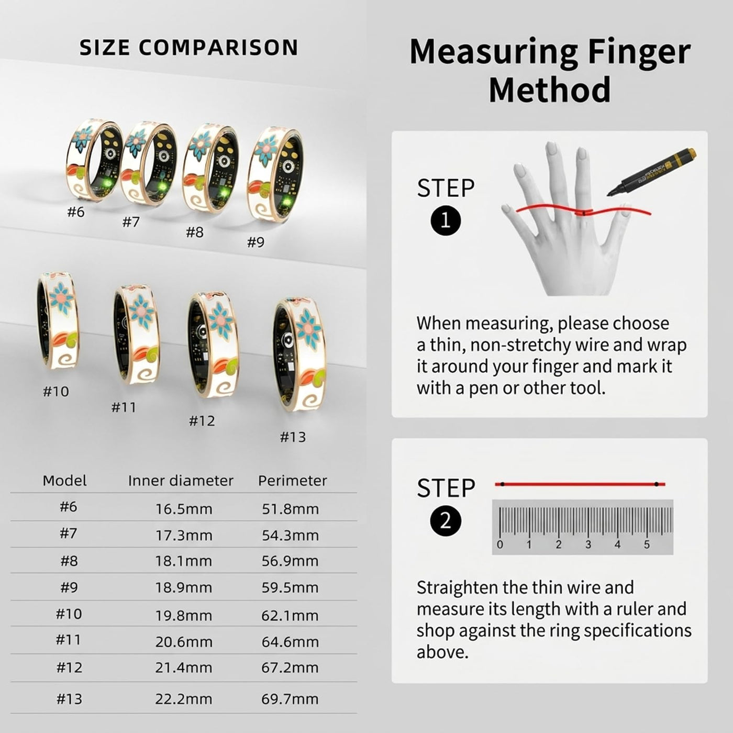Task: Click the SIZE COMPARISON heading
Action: (x=188, y=48)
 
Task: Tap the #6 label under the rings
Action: (x=76, y=212)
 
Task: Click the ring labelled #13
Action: (x=299, y=357)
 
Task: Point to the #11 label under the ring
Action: (x=124, y=407)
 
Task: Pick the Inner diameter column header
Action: (x=181, y=481)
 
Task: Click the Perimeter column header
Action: (x=293, y=481)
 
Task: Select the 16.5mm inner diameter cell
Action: (x=184, y=509)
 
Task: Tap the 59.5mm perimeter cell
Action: (x=290, y=587)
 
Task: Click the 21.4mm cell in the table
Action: (x=184, y=668)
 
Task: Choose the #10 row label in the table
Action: (x=69, y=614)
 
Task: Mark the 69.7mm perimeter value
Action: (x=290, y=699)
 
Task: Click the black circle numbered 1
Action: (x=446, y=220)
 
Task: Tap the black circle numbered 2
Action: (x=446, y=521)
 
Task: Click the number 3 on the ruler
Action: (x=588, y=545)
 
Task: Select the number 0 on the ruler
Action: (x=500, y=545)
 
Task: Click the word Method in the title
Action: (x=550, y=90)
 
